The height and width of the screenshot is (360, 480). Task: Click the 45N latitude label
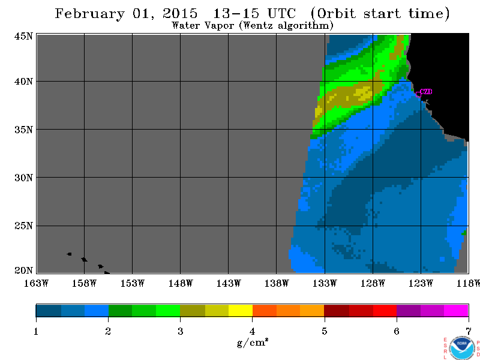[23, 36]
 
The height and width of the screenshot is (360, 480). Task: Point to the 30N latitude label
[23, 178]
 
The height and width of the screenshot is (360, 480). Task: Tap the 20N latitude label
[23, 270]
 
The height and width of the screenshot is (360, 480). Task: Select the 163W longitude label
[36, 283]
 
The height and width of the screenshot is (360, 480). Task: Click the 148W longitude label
[181, 283]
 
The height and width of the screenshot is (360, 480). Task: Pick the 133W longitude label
[325, 283]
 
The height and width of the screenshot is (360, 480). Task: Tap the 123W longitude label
[421, 283]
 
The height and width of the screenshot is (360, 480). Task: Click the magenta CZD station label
[426, 92]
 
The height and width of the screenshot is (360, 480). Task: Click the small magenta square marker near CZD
[418, 94]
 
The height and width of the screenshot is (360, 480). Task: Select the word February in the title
[90, 14]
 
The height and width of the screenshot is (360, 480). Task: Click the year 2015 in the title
[180, 13]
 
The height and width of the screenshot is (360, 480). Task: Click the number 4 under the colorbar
[252, 331]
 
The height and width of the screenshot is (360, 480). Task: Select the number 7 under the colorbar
[469, 331]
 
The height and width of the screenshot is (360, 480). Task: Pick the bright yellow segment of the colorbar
[241, 310]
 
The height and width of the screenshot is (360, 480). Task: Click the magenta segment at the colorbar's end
[456, 310]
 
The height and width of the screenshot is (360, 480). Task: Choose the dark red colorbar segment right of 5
[337, 310]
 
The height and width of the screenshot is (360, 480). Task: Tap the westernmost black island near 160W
[69, 254]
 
